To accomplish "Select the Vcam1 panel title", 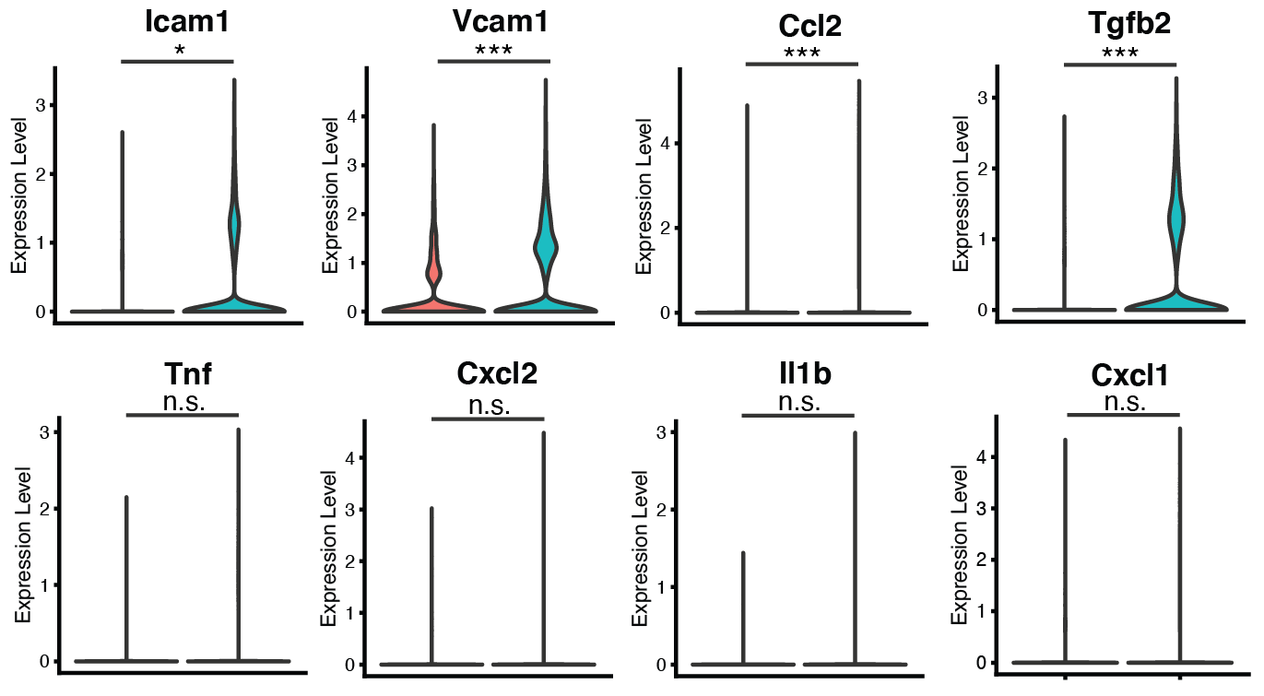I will pos(493,22).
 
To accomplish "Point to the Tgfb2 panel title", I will pos(1120,24).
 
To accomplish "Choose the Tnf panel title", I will pos(182,377).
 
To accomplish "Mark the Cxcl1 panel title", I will pos(1123,377).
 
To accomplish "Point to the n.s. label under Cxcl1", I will pos(1123,402).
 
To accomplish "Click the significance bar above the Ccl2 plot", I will pos(800,65).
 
